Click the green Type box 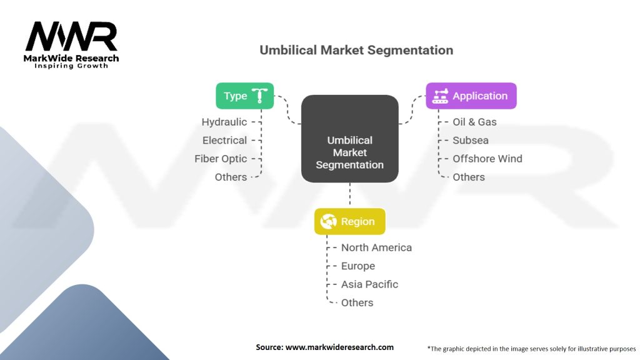244,96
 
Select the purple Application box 471,96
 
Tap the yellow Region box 349,221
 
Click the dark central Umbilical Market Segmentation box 349,139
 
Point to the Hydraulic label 224,122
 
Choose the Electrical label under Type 224,141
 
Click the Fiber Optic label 221,159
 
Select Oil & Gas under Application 474,122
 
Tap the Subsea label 471,141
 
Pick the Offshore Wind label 487,159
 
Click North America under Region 376,247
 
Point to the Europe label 357,266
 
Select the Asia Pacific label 369,284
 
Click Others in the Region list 357,302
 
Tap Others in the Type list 231,177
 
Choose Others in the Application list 469,177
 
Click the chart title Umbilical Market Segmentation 356,50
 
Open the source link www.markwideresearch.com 339,347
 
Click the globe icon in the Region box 329,221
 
